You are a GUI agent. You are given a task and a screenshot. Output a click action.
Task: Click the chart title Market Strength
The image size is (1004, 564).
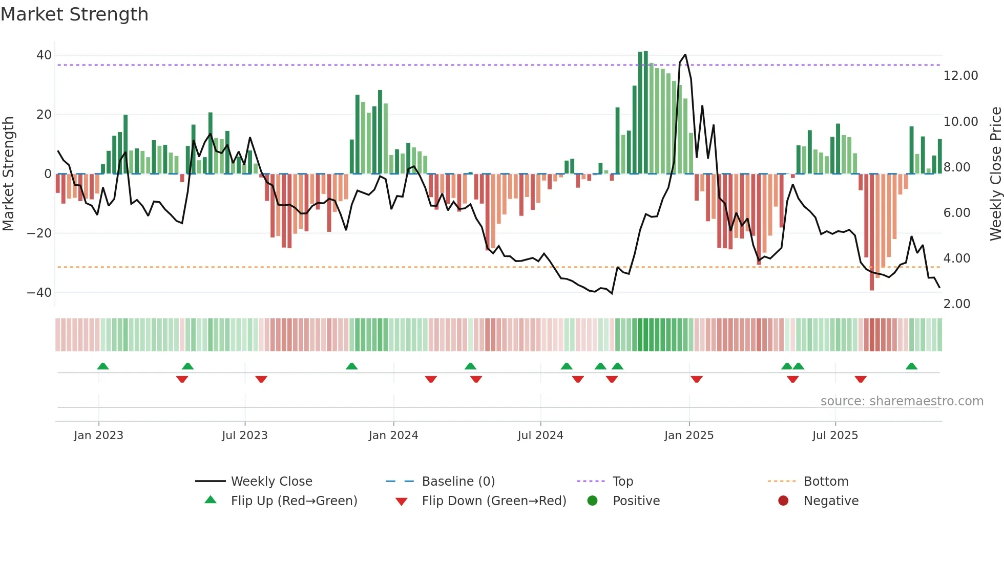click(x=74, y=14)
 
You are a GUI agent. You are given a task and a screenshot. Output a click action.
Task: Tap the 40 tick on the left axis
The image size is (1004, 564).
click(x=44, y=55)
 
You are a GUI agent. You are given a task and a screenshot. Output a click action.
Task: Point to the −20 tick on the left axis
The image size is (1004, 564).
click(x=39, y=233)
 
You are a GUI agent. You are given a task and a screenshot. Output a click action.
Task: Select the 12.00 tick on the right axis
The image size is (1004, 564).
click(x=960, y=76)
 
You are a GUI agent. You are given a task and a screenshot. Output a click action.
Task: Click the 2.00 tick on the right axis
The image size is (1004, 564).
click(x=956, y=304)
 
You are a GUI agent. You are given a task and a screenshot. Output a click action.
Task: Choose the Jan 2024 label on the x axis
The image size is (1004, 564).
click(x=393, y=436)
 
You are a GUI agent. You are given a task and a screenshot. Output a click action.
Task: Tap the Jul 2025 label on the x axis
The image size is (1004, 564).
click(x=834, y=436)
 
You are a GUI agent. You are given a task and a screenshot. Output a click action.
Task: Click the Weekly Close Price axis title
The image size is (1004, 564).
click(x=995, y=174)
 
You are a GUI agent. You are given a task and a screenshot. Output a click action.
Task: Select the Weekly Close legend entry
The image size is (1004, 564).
click(x=271, y=482)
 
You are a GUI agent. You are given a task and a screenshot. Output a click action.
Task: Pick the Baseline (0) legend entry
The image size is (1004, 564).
click(x=458, y=482)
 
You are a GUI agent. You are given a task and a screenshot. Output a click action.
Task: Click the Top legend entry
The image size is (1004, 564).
click(x=622, y=482)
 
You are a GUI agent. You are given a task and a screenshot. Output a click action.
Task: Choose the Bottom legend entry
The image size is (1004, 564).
click(x=826, y=482)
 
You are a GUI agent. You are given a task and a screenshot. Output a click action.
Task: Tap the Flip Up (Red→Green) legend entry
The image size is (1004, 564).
click(x=294, y=501)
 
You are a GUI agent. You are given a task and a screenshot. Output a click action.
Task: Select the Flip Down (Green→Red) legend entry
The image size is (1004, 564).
click(x=493, y=501)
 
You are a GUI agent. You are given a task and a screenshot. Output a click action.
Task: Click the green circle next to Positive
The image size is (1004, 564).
click(x=592, y=501)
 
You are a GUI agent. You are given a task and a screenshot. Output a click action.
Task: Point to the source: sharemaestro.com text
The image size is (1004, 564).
click(x=902, y=401)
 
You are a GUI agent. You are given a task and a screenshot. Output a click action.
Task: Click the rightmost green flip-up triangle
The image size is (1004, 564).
click(x=911, y=366)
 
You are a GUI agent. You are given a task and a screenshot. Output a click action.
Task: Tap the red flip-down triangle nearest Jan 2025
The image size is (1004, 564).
click(x=696, y=379)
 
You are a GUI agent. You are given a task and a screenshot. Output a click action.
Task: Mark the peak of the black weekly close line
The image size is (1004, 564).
click(x=685, y=55)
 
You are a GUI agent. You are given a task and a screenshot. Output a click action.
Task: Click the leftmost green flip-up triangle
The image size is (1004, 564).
click(x=103, y=366)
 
